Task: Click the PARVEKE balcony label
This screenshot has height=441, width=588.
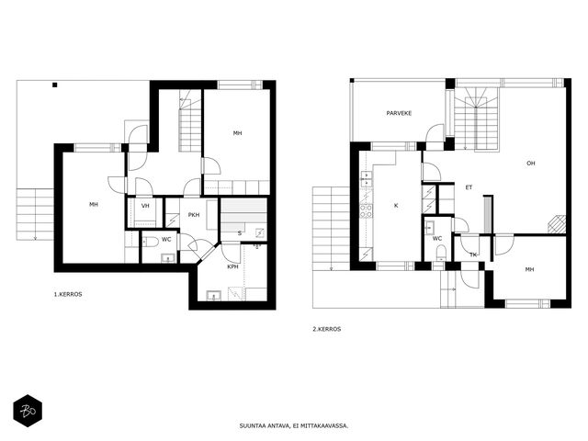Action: (x=399, y=113)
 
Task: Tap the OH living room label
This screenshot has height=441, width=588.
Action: (x=531, y=164)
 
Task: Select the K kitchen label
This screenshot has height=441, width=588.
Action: (x=396, y=206)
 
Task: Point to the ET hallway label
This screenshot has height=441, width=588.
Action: (x=469, y=187)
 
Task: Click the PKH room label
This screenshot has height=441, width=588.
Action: (x=194, y=215)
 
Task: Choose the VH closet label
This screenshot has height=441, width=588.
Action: (x=145, y=206)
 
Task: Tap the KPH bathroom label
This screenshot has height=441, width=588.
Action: (x=232, y=267)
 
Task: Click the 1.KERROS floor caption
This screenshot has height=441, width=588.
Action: (x=68, y=294)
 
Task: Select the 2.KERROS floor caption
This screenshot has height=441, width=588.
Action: (x=327, y=329)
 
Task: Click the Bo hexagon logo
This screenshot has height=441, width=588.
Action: (x=28, y=411)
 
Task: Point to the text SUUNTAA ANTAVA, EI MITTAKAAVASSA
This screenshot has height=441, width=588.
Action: (x=294, y=426)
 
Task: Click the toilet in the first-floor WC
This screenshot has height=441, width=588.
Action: (x=151, y=242)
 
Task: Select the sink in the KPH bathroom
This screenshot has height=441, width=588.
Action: (x=214, y=296)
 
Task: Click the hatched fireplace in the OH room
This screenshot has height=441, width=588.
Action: (x=557, y=224)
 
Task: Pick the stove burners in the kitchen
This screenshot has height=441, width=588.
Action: (x=367, y=210)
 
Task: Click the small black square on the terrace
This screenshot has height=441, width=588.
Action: (x=55, y=85)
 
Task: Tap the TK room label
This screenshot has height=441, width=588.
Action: (x=473, y=255)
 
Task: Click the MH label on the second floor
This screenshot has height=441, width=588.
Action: (x=529, y=269)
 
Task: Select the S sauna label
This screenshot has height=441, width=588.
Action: (x=240, y=233)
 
